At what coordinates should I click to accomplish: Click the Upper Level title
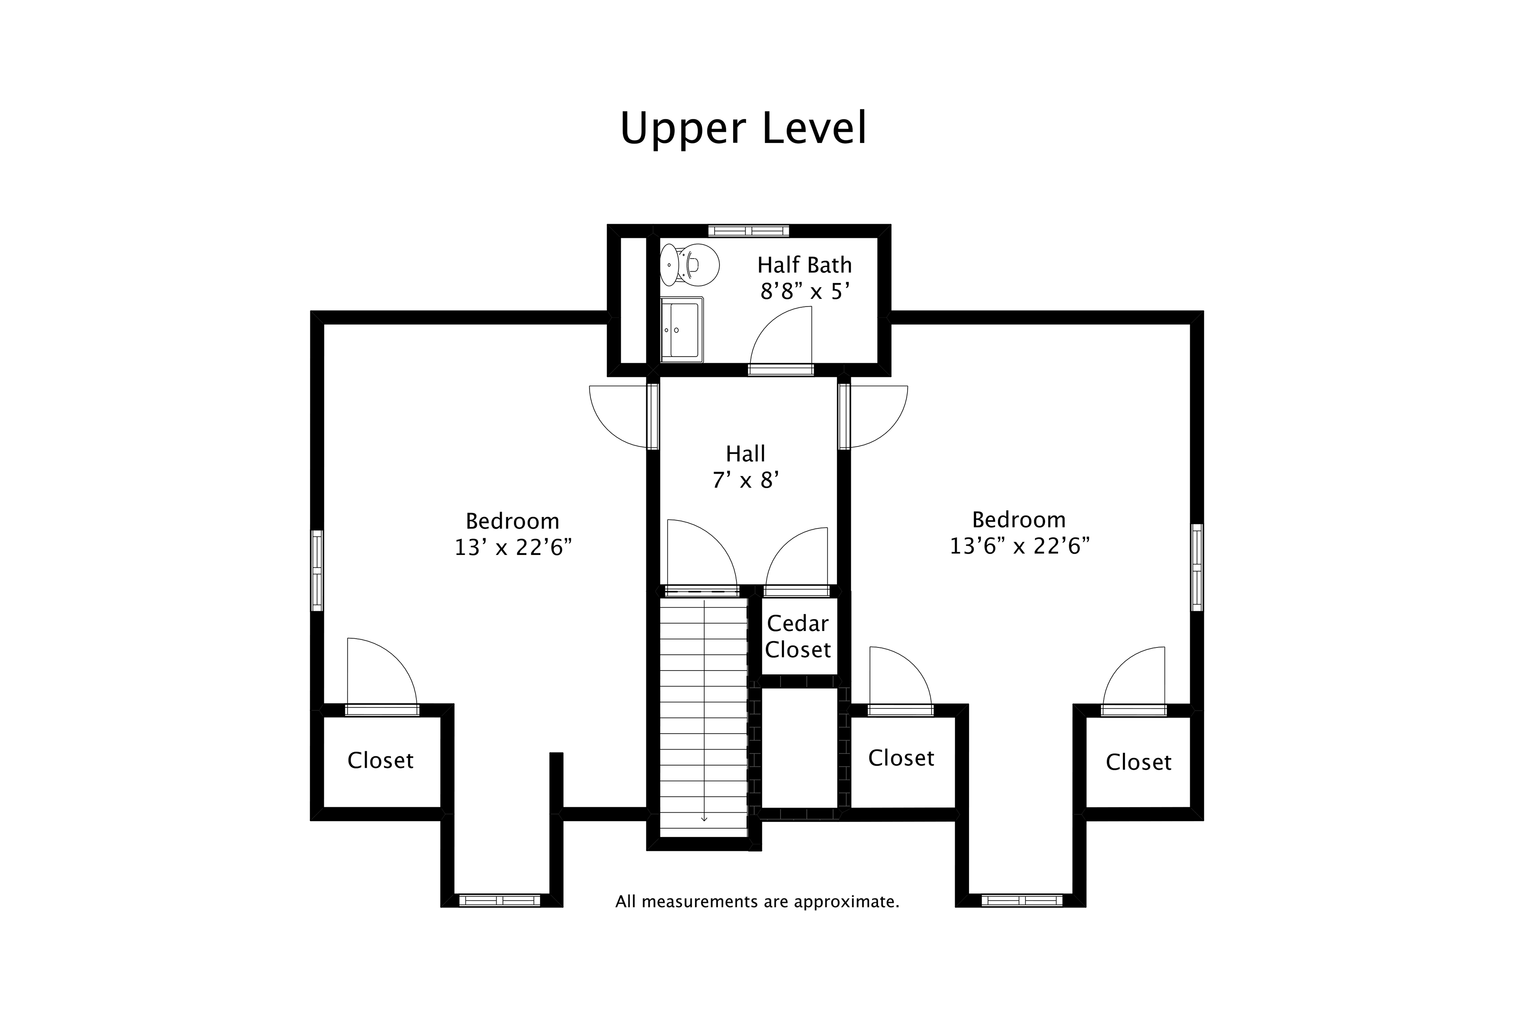[x=744, y=129]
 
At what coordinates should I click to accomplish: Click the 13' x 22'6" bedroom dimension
[x=513, y=548]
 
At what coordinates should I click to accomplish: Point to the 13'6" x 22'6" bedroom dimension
[x=1019, y=546]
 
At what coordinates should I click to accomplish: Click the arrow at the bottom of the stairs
[x=704, y=819]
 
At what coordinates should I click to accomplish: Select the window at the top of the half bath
[x=748, y=230]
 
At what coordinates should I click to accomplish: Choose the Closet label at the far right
[x=1138, y=763]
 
